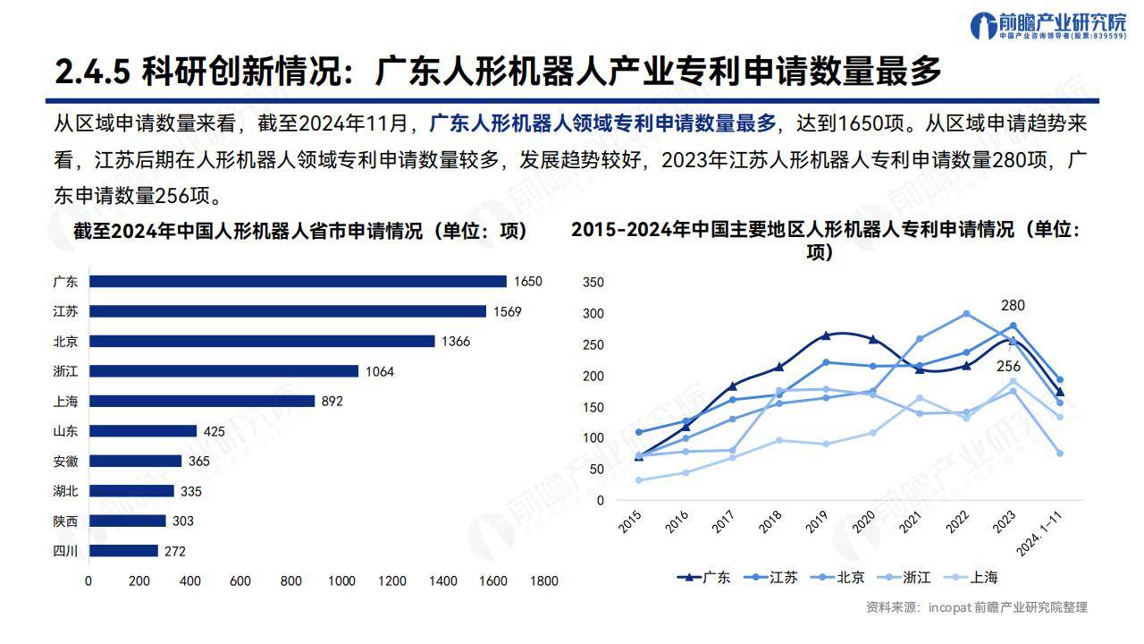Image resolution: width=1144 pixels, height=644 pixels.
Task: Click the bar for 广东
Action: (x=298, y=281)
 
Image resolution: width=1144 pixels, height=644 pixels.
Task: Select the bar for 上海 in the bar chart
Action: (x=202, y=401)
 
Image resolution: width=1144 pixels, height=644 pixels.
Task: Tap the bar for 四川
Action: (x=123, y=551)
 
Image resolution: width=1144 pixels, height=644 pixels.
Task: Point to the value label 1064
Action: (x=378, y=371)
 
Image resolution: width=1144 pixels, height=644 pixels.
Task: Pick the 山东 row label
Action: (x=65, y=431)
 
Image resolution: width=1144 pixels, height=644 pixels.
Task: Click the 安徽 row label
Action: (x=65, y=462)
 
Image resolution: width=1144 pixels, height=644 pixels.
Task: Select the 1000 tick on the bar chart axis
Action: (x=341, y=581)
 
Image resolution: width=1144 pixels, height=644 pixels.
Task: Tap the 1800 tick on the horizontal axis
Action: (x=543, y=581)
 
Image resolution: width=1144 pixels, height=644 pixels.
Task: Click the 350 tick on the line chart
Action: (x=593, y=283)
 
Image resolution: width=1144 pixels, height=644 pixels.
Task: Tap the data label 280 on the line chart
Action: (x=1013, y=305)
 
